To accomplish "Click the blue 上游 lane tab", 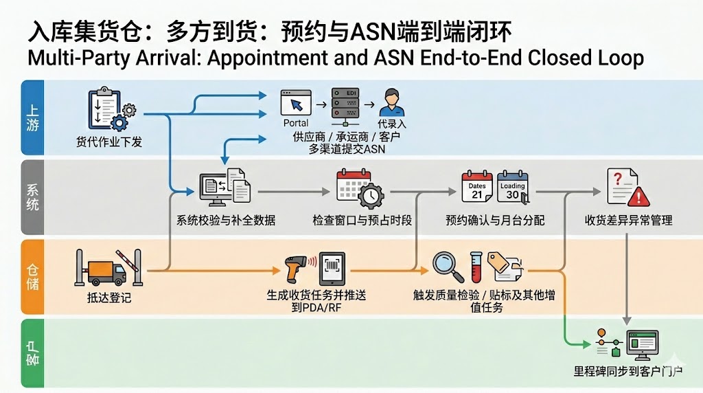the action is click(33, 117).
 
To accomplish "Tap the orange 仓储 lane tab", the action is click(33, 277).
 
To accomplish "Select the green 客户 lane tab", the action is click(33, 353).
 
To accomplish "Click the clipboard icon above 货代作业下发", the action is click(104, 108).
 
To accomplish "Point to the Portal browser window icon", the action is click(296, 103).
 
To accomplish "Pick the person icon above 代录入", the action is click(392, 103).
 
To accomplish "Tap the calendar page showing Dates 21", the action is click(477, 187).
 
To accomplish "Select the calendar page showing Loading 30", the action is click(513, 187).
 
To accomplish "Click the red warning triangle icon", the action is click(638, 196).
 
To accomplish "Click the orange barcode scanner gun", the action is click(296, 268).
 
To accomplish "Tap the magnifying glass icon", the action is click(448, 267).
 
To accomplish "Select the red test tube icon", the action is click(476, 267).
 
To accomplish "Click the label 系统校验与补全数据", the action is click(225, 221).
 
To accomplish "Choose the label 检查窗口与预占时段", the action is click(362, 221).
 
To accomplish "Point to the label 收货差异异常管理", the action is click(628, 221).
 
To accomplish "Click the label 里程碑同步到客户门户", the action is click(628, 371).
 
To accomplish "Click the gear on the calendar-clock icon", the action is click(371, 196).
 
